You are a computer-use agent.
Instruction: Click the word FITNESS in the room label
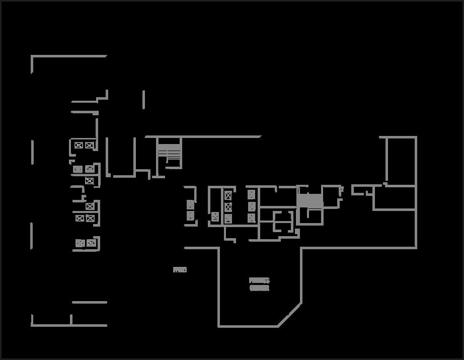pyautogui.click(x=259, y=280)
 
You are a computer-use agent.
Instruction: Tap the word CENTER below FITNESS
pyautogui.click(x=259, y=289)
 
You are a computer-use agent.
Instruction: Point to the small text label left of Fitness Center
pyautogui.click(x=180, y=270)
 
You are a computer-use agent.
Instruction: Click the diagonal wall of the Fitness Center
pyautogui.click(x=290, y=315)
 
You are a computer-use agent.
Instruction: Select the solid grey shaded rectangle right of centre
pyautogui.click(x=310, y=200)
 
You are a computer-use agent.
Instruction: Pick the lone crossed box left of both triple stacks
pyautogui.click(x=215, y=217)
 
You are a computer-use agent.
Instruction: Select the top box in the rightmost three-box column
pyautogui.click(x=251, y=194)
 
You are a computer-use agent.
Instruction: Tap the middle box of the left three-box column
pyautogui.click(x=228, y=206)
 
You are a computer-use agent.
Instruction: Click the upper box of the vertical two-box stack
pyautogui.click(x=190, y=204)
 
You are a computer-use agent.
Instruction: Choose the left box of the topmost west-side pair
pyautogui.click(x=79, y=146)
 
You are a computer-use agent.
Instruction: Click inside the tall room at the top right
pyautogui.click(x=401, y=161)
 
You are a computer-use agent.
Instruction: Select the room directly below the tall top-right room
pyautogui.click(x=395, y=198)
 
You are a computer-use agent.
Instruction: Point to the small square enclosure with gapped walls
pyautogui.click(x=283, y=221)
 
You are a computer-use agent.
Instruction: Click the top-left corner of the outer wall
pyautogui.click(x=32, y=56)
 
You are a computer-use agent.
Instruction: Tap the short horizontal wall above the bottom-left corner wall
pyautogui.click(x=89, y=302)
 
